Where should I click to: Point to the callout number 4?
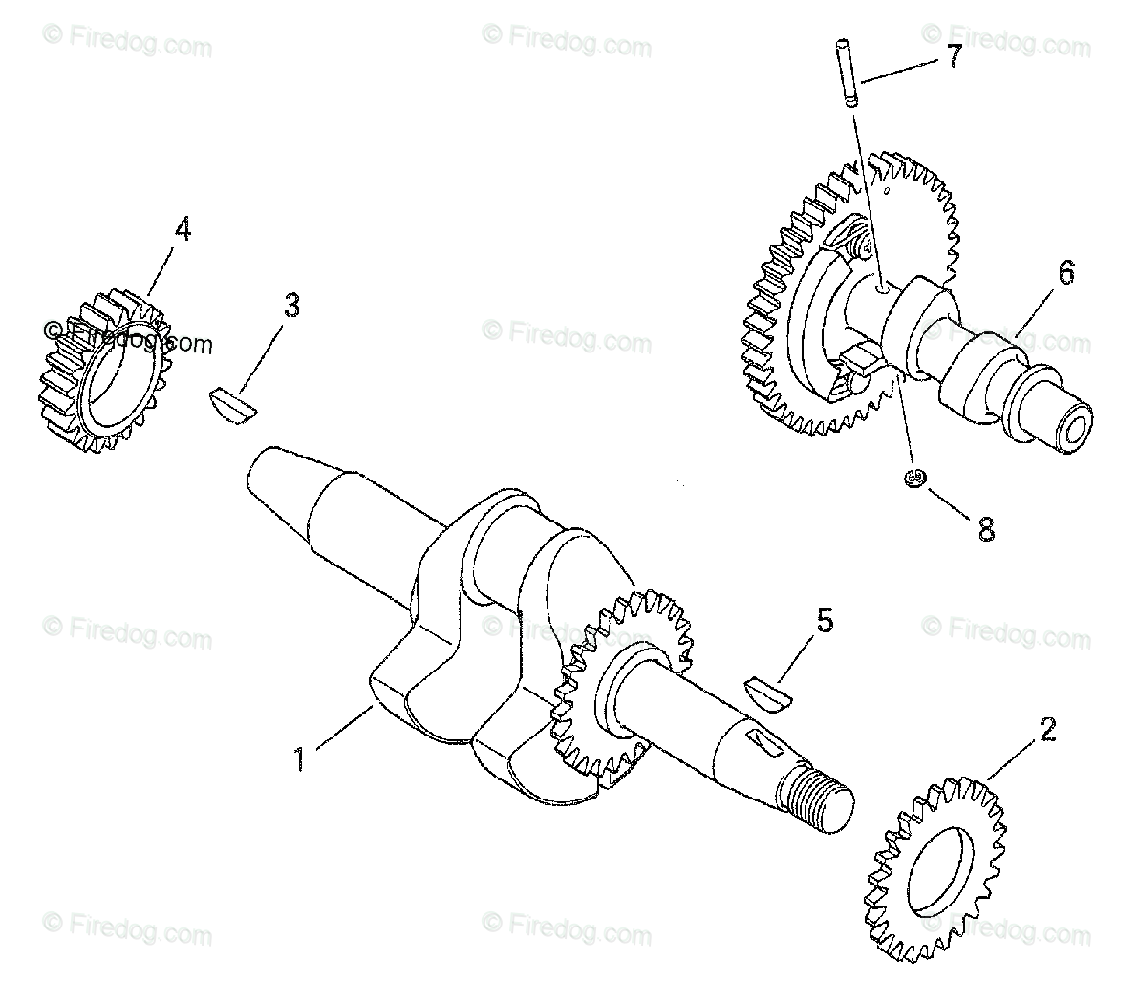coord(182,230)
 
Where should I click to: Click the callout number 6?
coord(1065,273)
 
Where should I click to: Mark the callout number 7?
coord(954,56)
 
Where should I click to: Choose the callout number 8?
coord(986,528)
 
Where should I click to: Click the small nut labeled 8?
coord(916,478)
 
